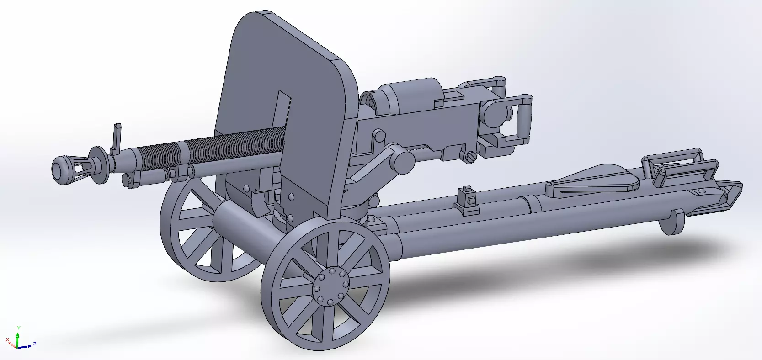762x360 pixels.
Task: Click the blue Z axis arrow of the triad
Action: coord(30,345)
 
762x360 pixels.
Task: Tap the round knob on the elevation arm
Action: coord(405,163)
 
